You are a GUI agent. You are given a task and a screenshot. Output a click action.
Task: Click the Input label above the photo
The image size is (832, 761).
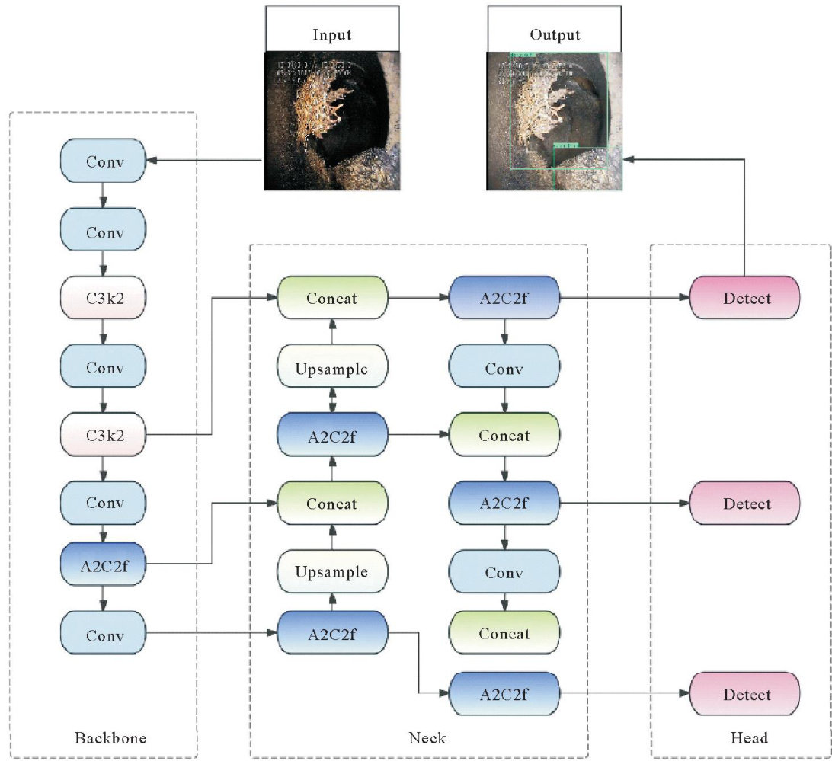point(331,35)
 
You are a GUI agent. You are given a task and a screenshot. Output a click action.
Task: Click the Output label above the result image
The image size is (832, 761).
point(555,35)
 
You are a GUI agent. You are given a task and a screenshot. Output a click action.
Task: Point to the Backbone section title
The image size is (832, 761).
point(110,737)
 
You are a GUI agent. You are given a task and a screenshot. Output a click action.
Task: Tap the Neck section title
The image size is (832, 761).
point(427,737)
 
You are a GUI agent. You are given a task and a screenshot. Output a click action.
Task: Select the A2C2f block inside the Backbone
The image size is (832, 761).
point(104,564)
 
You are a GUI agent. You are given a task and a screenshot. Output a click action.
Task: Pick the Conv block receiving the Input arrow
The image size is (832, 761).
point(104,161)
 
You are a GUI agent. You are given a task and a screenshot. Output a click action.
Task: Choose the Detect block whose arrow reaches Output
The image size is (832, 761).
point(744,298)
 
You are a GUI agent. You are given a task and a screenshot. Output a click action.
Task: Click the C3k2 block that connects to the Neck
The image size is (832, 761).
point(104,435)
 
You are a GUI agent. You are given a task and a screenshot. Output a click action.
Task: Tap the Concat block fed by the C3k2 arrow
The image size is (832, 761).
point(332,298)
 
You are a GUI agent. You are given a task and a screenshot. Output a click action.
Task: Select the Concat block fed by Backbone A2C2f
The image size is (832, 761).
point(332,504)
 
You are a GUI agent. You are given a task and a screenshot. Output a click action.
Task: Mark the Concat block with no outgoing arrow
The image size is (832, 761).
point(504,633)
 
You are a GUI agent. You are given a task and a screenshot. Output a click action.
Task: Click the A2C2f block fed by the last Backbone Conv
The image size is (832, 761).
point(332,633)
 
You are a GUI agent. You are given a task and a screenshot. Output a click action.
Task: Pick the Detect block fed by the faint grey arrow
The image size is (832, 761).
point(744,694)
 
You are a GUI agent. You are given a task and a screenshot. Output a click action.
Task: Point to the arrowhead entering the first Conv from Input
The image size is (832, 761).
point(151,161)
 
